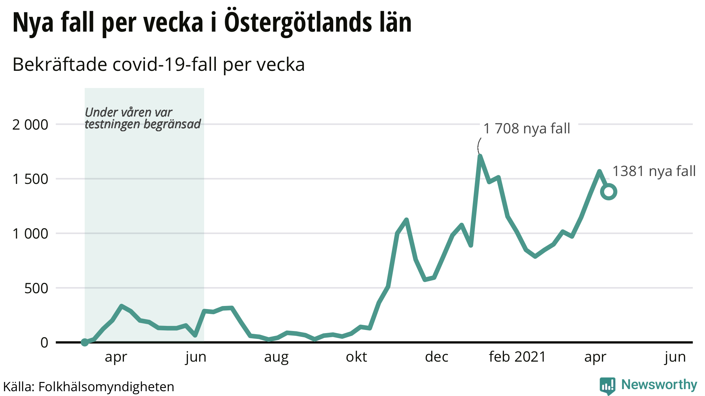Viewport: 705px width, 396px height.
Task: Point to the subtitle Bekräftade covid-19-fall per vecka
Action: pos(158,65)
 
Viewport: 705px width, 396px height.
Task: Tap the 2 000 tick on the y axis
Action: pos(30,125)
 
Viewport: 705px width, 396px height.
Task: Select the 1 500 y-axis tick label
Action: pos(30,179)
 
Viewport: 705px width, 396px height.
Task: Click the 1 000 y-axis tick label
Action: pos(30,234)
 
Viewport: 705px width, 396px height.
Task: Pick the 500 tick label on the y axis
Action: pos(36,288)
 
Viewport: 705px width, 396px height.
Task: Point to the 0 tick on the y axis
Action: pos(44,343)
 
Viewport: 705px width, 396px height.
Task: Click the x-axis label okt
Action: pos(356,357)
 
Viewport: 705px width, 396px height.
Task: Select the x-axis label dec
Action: pos(436,357)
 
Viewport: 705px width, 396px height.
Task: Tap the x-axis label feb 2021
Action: pos(517,357)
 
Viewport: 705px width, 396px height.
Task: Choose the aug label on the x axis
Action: pos(276,357)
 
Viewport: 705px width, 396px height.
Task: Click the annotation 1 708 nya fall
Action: pos(527,129)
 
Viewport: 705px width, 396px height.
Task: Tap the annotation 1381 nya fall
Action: pos(654,171)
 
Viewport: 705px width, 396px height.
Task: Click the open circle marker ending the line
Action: pos(609,192)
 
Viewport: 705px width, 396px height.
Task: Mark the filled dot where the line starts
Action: pos(85,342)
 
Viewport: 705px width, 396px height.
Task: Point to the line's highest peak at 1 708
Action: pos(480,156)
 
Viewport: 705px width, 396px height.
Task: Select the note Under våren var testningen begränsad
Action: pos(143,118)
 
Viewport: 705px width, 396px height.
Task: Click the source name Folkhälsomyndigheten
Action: pos(106,387)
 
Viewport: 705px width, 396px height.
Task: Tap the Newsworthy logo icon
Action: pos(607,386)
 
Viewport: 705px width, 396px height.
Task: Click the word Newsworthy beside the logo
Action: pos(659,385)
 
